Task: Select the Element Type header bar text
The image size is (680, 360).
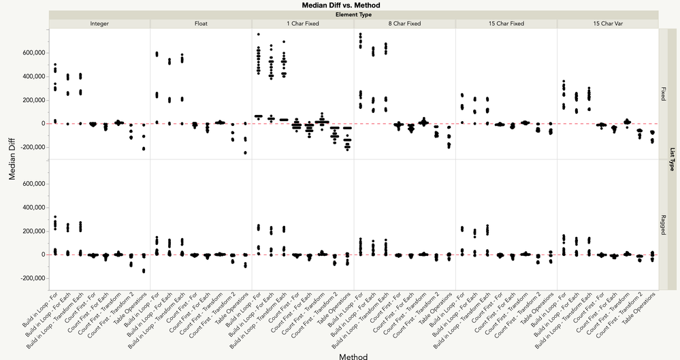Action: coord(354,14)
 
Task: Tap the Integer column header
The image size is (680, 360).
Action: coord(99,24)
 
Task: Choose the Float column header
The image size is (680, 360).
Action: coord(201,24)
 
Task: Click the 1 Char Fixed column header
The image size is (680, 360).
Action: coord(302,24)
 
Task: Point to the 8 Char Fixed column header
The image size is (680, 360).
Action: coord(404,24)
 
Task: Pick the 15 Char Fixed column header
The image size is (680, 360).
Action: coord(506,24)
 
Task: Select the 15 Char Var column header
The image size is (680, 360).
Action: coord(607,24)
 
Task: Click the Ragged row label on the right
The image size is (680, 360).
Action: coord(663,225)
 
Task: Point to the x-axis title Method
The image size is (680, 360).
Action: coord(354,355)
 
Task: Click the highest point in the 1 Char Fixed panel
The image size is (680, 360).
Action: coord(258,34)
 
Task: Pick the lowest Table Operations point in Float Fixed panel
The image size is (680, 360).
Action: coord(244,152)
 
